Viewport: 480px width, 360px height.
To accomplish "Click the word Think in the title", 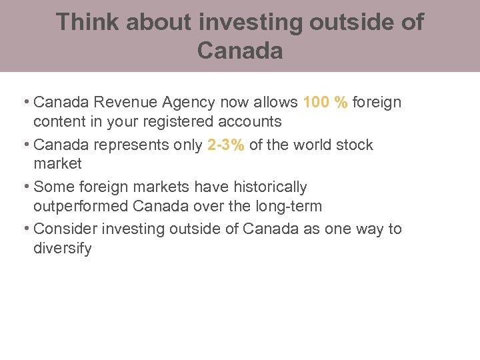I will pyautogui.click(x=87, y=22).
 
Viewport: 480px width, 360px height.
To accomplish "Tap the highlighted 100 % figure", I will pyautogui.click(x=325, y=103).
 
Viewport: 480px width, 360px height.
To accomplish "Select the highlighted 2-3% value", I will pyautogui.click(x=226, y=145).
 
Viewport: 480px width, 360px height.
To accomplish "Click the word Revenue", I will pyautogui.click(x=124, y=103).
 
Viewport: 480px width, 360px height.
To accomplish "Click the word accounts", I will pyautogui.click(x=248, y=122).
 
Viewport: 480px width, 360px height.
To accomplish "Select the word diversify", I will pyautogui.click(x=62, y=249).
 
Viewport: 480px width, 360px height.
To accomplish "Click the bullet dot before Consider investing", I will pyautogui.click(x=26, y=228).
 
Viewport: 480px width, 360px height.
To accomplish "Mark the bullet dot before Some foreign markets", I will pyautogui.click(x=26, y=186).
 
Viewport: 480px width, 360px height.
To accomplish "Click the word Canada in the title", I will pyautogui.click(x=240, y=51).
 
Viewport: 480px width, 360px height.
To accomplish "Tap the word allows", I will pyautogui.click(x=275, y=103).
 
